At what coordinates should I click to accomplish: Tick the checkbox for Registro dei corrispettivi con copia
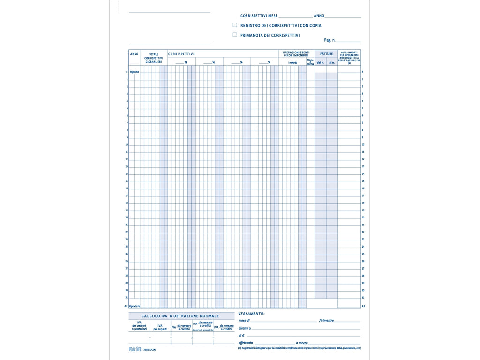tap(235, 25)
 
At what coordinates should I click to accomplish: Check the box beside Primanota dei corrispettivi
tap(235, 35)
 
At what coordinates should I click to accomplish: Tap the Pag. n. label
tap(330, 40)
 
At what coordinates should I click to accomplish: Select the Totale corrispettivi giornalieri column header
tap(154, 58)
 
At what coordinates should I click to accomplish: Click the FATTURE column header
tap(326, 54)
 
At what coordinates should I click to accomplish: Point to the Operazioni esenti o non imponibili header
tap(296, 54)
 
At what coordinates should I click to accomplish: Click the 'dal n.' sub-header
tap(321, 62)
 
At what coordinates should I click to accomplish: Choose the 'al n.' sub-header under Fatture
tap(332, 62)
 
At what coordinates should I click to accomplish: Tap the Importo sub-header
tap(292, 62)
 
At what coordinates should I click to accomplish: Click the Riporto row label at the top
tap(135, 72)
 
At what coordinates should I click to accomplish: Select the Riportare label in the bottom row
tap(135, 306)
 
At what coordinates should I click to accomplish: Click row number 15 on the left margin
tap(127, 181)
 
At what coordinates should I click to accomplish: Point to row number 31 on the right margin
tap(363, 298)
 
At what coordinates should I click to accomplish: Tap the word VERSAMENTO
tap(251, 313)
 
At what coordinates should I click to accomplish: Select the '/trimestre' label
tap(326, 320)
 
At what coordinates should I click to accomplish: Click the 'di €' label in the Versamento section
tap(241, 336)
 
